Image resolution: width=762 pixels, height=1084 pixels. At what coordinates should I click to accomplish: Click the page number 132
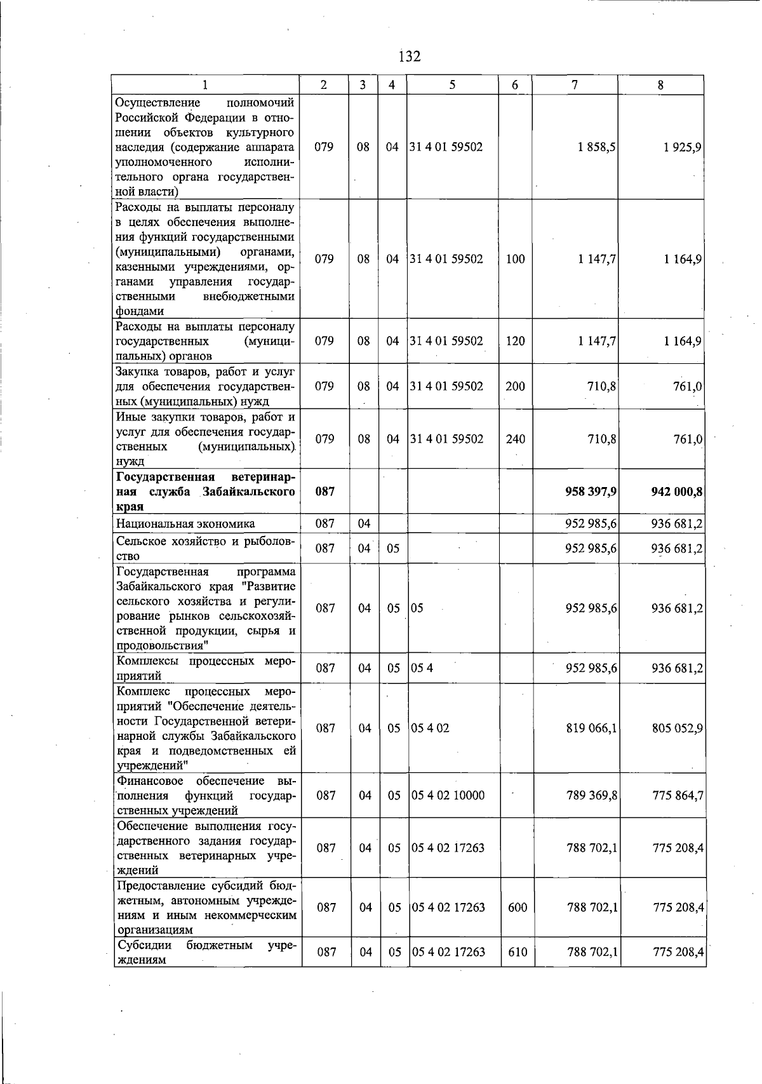[x=410, y=57]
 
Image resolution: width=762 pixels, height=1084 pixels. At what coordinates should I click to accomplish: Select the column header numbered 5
[x=452, y=85]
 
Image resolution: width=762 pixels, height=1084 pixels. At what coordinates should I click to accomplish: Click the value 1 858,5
[x=596, y=147]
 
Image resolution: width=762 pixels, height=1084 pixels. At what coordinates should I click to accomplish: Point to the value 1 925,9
[x=683, y=147]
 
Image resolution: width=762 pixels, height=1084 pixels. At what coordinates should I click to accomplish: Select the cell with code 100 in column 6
[x=515, y=259]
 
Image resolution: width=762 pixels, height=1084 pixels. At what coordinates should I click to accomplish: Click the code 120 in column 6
[x=515, y=341]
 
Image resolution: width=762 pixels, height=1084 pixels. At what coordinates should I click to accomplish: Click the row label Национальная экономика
[x=185, y=524]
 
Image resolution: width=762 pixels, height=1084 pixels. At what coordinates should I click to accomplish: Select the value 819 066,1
[x=591, y=728]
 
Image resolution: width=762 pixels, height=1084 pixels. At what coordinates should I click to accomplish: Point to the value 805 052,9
[x=678, y=728]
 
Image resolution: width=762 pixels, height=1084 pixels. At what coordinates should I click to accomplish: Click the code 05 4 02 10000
[x=448, y=796]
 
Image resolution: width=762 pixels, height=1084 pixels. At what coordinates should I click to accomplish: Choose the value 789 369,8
[x=592, y=796]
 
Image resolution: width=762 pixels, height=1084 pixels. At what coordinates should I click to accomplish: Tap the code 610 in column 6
[x=518, y=952]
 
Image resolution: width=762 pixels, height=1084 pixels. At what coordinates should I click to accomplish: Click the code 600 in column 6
[x=518, y=907]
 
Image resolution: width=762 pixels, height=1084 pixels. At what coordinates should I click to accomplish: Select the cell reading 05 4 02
[x=431, y=728]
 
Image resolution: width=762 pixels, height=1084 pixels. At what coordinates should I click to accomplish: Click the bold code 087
[x=324, y=492]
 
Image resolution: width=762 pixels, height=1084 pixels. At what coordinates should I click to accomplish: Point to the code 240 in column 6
[x=515, y=439]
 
